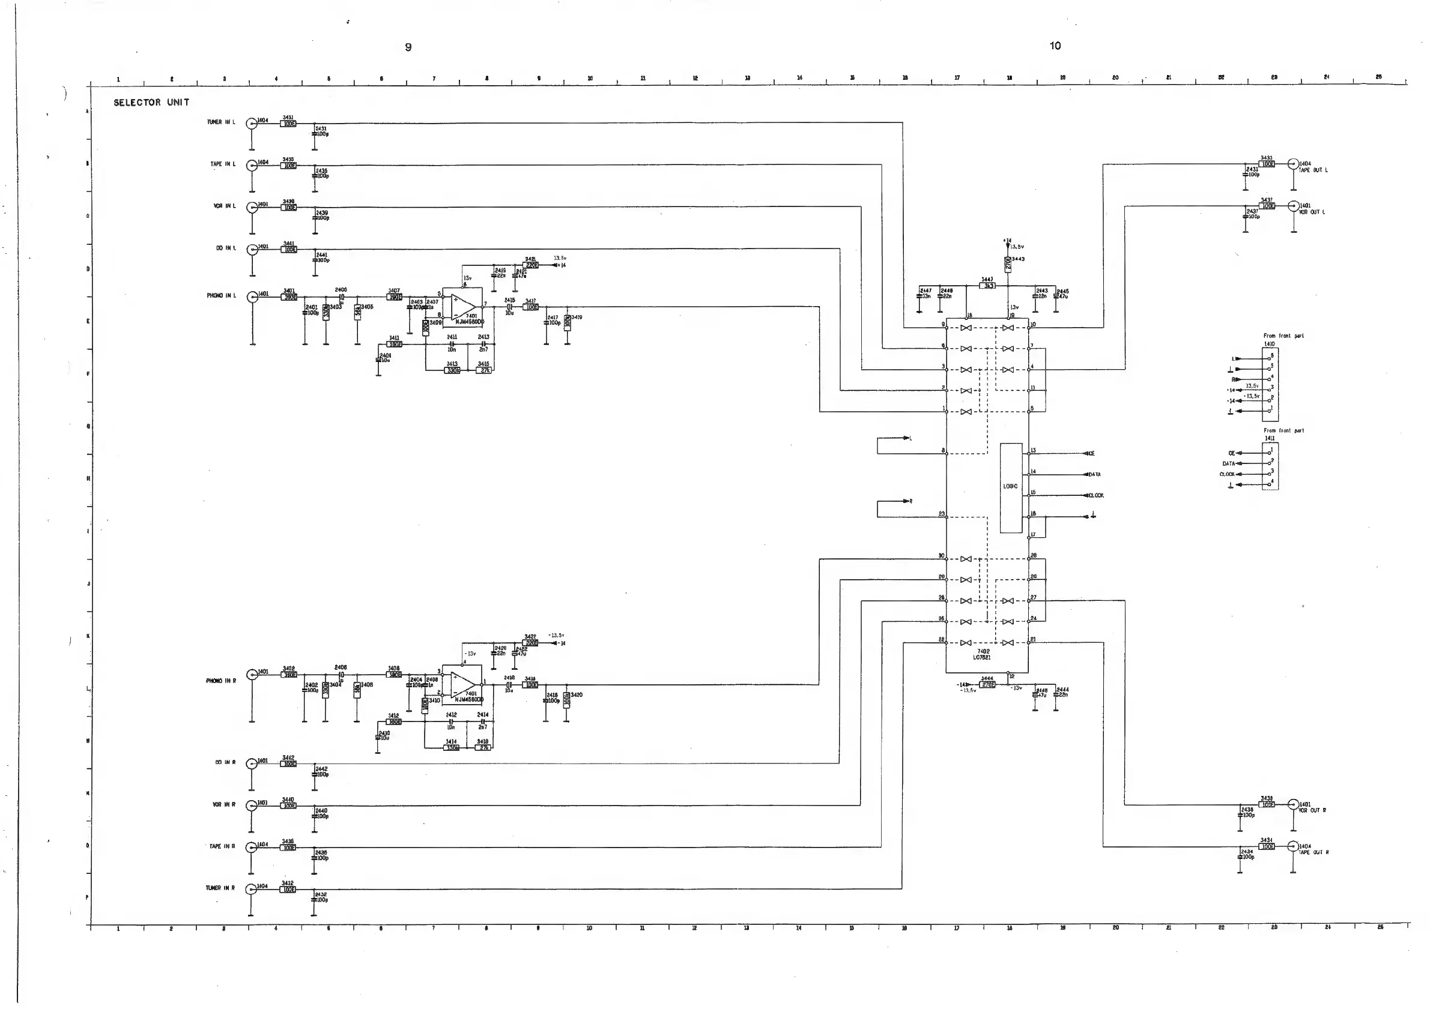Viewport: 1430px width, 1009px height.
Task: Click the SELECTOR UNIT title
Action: [151, 103]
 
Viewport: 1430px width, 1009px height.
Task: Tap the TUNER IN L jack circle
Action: [252, 123]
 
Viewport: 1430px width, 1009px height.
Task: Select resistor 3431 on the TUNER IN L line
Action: [288, 124]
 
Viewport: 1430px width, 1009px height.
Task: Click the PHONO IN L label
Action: [221, 296]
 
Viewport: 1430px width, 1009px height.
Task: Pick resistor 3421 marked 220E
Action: [531, 265]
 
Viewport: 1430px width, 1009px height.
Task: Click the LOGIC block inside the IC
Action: [1011, 487]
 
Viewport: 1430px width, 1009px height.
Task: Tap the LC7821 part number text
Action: [981, 658]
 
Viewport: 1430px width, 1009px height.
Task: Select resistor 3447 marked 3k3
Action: [987, 286]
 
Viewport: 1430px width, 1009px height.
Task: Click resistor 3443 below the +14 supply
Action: [1008, 265]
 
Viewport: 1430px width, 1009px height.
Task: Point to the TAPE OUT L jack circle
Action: [1293, 164]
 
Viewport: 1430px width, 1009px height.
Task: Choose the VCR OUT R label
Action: [1312, 810]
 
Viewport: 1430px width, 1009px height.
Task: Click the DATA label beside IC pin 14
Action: [1094, 475]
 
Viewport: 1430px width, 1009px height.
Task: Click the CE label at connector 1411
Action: [1231, 453]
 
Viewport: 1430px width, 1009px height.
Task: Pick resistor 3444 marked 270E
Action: [988, 685]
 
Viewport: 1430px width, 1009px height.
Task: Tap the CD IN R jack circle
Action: [252, 764]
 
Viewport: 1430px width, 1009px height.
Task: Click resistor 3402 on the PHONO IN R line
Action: [289, 675]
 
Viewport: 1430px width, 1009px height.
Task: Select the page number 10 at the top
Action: [1055, 46]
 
